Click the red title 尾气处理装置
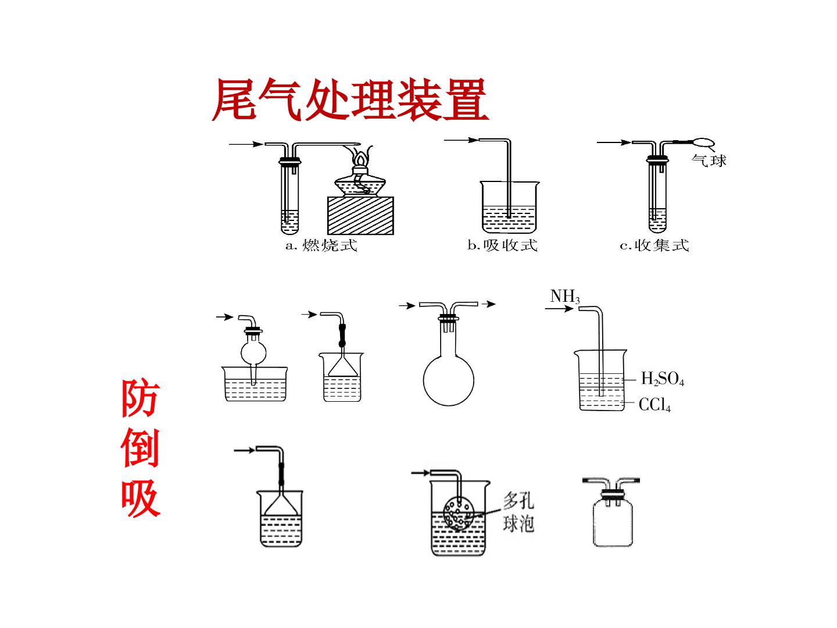(x=350, y=99)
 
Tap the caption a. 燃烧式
(x=321, y=245)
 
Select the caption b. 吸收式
(x=503, y=245)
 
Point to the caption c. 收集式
(x=654, y=245)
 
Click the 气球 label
(x=709, y=160)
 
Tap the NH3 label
(x=565, y=297)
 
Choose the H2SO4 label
(x=663, y=379)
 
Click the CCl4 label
(x=654, y=405)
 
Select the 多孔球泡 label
(x=518, y=511)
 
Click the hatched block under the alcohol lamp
(x=360, y=216)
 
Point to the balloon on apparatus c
(x=703, y=142)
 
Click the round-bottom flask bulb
(x=448, y=380)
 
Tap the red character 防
(x=140, y=398)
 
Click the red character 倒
(x=140, y=448)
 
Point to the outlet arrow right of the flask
(x=488, y=304)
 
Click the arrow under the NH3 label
(x=559, y=308)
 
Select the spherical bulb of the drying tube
(x=253, y=353)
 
